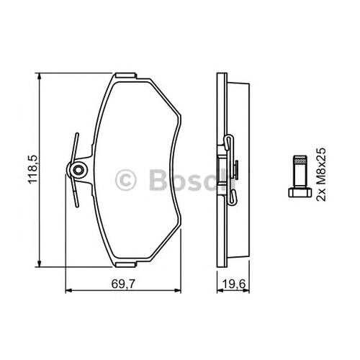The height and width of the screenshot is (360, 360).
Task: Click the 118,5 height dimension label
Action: point(33,169)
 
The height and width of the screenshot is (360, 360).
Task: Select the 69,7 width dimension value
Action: point(123,284)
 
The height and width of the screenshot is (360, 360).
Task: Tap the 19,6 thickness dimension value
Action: point(233,284)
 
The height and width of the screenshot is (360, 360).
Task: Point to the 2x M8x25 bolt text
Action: point(321,174)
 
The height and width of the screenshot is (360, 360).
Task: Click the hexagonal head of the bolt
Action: point(300,192)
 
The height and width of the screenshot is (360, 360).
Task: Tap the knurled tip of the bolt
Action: point(300,160)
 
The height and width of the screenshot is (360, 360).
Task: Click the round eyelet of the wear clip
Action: point(77,170)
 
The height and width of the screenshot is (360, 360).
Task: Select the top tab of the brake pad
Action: point(126,76)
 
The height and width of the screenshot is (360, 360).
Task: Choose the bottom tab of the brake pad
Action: point(126,264)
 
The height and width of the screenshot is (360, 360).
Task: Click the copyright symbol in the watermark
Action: point(125,180)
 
